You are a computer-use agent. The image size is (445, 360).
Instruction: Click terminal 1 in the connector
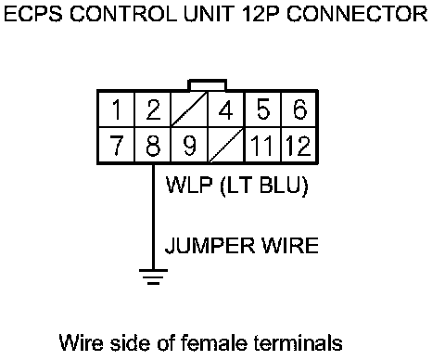tap(117, 109)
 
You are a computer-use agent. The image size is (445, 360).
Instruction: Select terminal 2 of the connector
tap(153, 109)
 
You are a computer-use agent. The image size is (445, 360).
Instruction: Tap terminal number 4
tap(226, 109)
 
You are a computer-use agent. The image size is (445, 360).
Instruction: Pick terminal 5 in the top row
tap(262, 109)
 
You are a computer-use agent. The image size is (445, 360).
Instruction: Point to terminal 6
tap(299, 109)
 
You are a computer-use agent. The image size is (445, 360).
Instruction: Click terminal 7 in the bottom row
tap(117, 145)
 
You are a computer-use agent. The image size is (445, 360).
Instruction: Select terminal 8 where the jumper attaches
tap(153, 145)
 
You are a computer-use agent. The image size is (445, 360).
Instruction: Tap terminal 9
tap(189, 145)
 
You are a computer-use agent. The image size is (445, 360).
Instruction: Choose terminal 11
tap(262, 145)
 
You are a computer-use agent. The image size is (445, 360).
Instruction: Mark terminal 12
tap(299, 145)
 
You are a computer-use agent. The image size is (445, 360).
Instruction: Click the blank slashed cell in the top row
tap(189, 109)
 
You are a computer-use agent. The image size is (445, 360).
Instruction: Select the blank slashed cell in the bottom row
tap(226, 145)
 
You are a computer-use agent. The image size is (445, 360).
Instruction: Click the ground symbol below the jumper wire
tap(153, 276)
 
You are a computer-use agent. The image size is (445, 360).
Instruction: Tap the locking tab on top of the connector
tap(208, 85)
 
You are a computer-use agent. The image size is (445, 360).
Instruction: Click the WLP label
tap(189, 185)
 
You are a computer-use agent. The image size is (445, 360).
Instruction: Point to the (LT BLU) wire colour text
tap(264, 186)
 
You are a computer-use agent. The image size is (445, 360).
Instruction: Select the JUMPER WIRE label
tap(241, 246)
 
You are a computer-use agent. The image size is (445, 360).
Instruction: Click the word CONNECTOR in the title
tap(357, 14)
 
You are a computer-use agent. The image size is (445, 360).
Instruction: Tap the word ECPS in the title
tap(33, 14)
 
